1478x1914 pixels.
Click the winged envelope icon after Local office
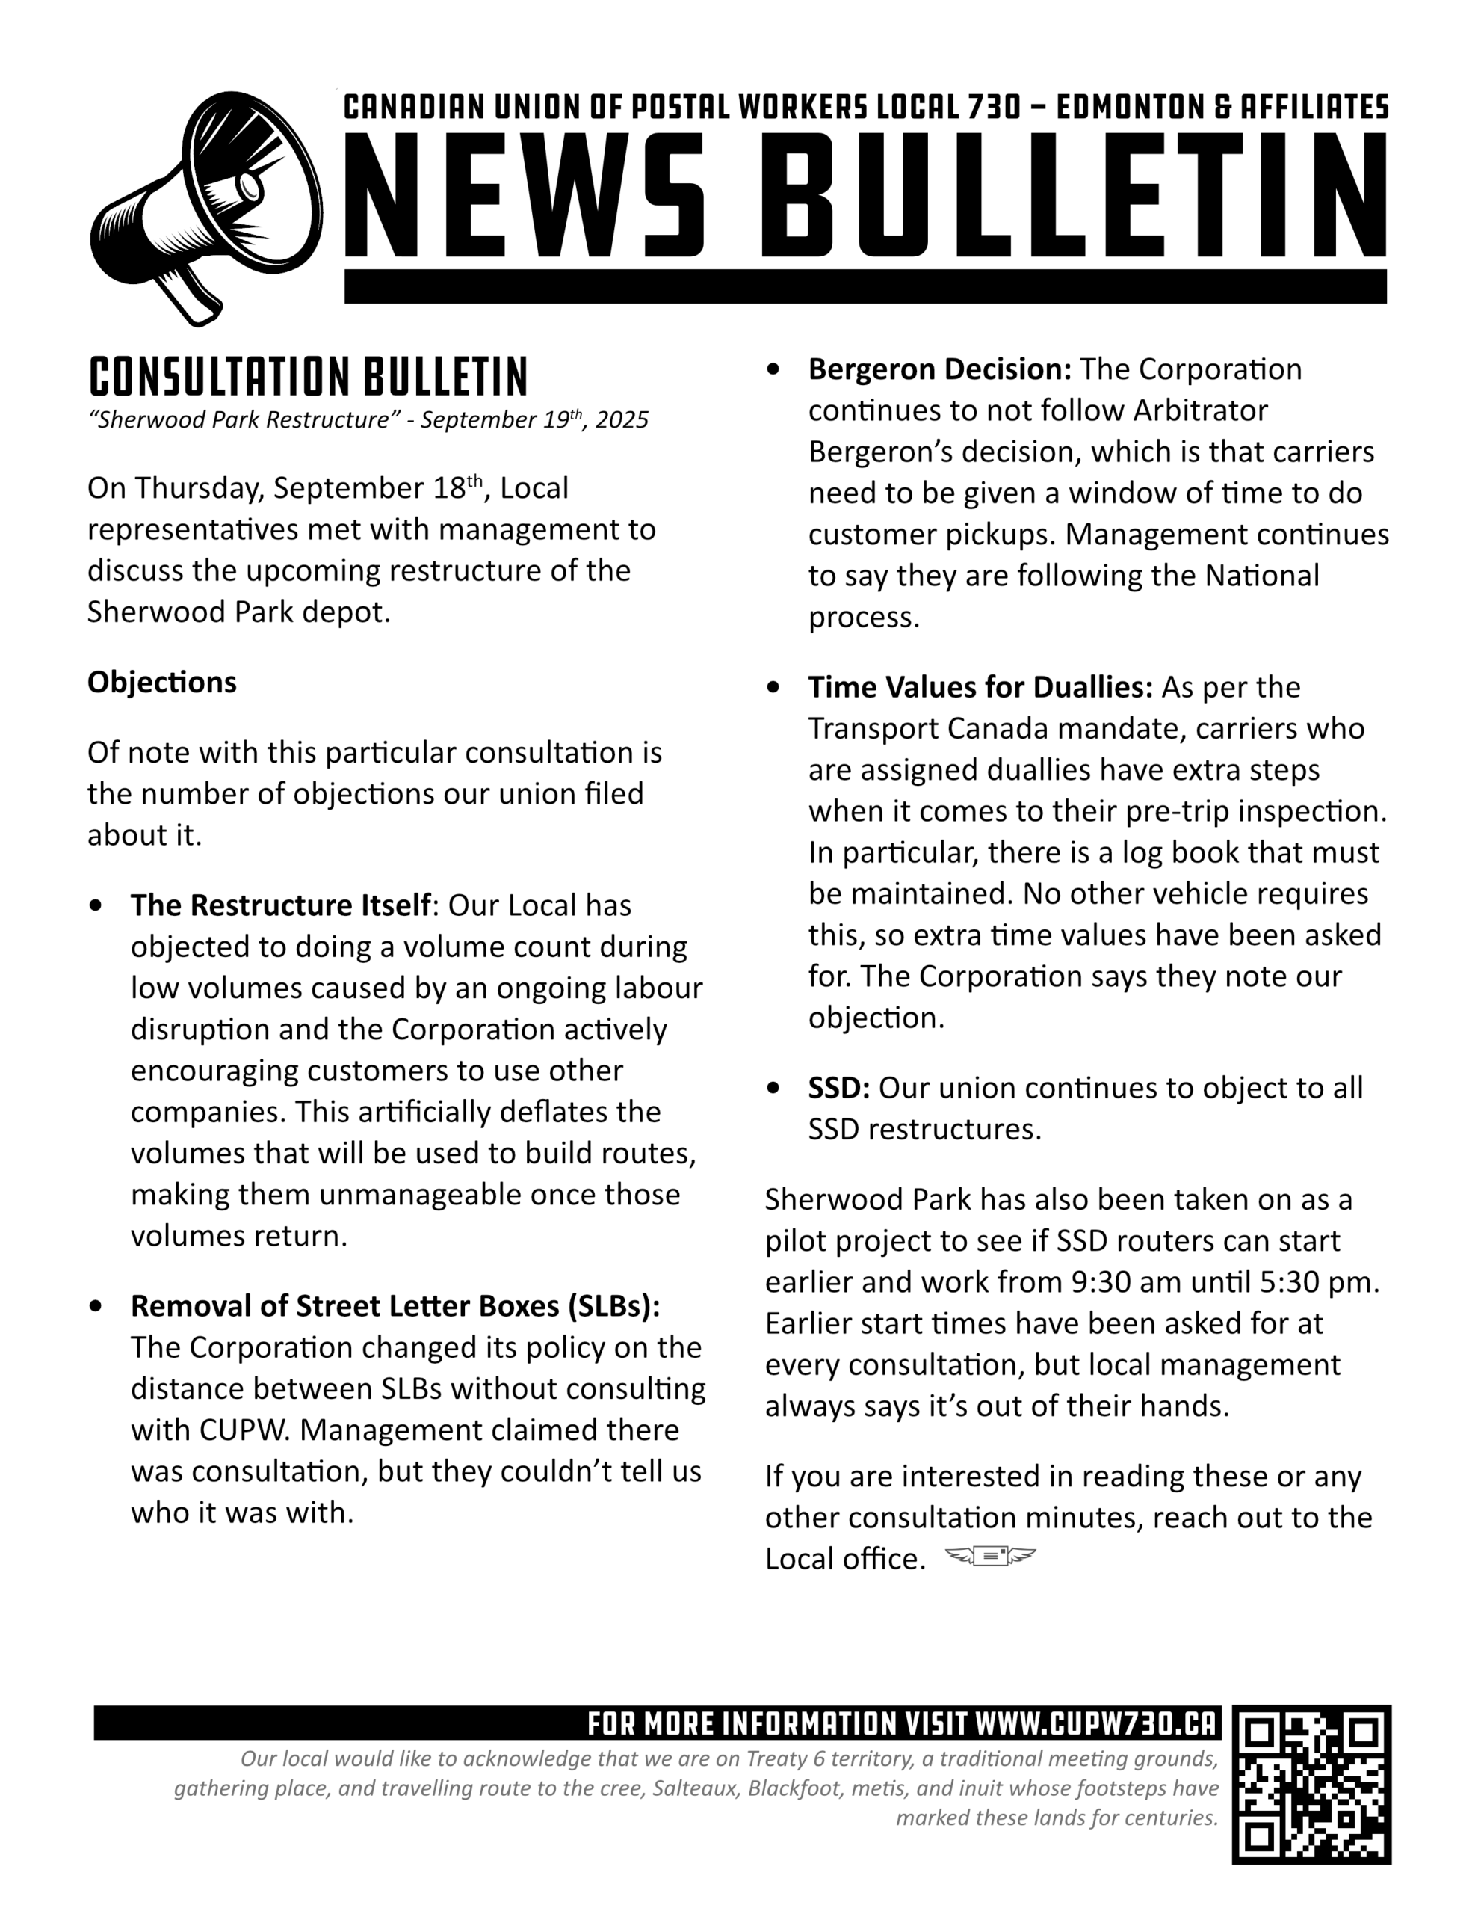click(990, 1557)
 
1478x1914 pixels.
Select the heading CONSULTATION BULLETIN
click(309, 378)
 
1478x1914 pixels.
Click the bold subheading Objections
click(162, 682)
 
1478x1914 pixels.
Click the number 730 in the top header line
click(995, 107)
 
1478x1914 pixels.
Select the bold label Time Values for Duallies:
click(980, 687)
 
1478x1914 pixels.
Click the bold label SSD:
click(838, 1088)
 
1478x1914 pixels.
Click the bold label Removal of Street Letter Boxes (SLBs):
click(395, 1306)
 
